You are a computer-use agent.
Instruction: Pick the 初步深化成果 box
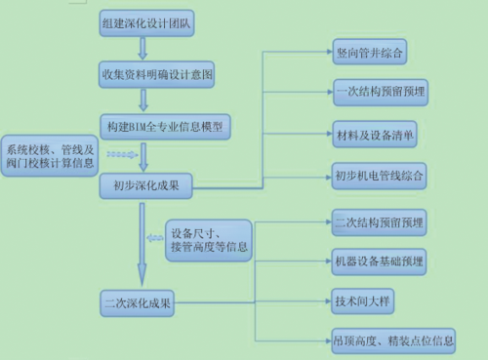[x=145, y=185]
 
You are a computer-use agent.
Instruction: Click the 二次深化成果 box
[x=139, y=302]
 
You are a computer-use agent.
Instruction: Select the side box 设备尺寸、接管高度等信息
[x=208, y=240]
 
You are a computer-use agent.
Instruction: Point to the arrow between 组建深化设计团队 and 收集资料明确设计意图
[x=142, y=48]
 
